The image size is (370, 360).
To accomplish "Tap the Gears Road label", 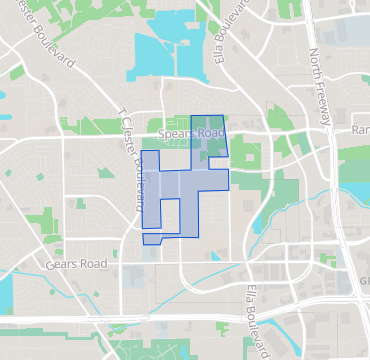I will (x=76, y=265).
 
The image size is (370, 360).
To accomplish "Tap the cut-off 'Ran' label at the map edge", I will (x=360, y=131).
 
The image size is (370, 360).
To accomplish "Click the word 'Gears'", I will (x=62, y=265).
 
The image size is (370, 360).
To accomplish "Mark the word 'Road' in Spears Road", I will (x=209, y=132).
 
